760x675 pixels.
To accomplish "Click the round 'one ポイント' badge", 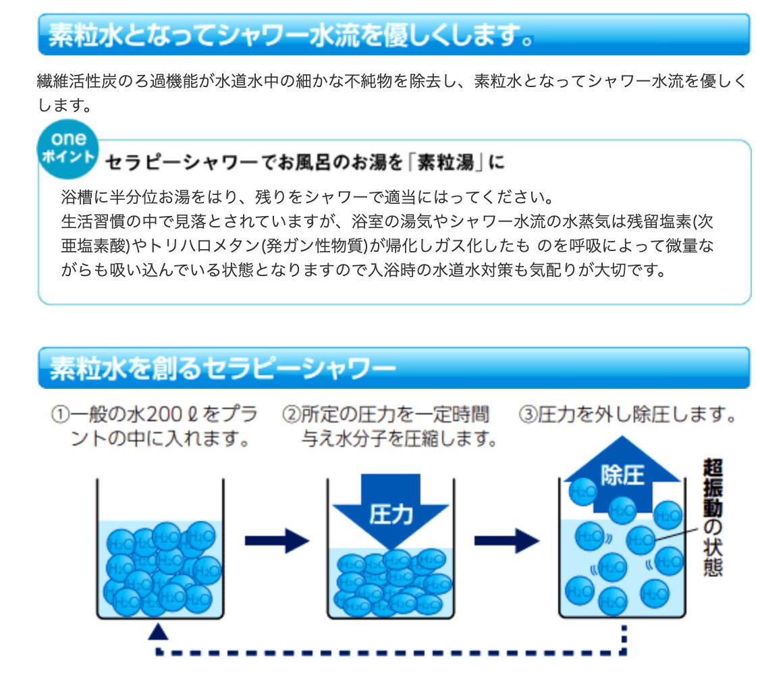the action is tap(68, 148).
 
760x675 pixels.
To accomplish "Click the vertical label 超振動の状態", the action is tap(713, 517).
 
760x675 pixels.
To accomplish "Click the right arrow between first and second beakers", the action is tap(277, 541).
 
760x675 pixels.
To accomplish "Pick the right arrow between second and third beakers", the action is tap(506, 541).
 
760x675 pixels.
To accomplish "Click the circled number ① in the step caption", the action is tap(61, 415).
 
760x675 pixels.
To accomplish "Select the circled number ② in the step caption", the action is tap(292, 415).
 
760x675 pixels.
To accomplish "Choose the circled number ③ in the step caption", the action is tap(528, 415).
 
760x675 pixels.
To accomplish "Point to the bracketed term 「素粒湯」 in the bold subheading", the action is tap(445, 162).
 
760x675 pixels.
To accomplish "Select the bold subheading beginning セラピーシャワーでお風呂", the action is tap(305, 162).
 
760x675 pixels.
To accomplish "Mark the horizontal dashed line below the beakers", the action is tap(391, 652).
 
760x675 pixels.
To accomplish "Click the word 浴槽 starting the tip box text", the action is tap(77, 197).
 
